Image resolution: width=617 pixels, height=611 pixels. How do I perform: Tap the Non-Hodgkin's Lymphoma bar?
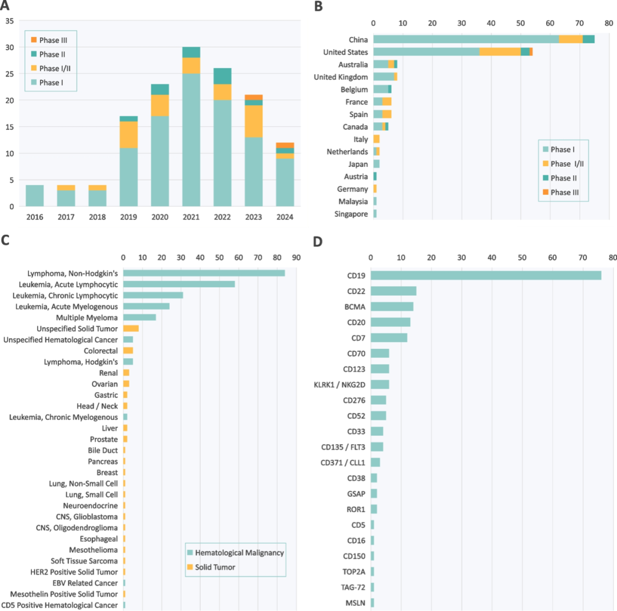[204, 273]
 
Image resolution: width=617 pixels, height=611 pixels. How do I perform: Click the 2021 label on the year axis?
[191, 217]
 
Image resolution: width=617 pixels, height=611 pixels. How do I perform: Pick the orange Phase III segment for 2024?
[285, 145]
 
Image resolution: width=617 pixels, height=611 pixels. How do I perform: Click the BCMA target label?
[355, 307]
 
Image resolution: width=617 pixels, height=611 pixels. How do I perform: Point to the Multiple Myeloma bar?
[139, 317]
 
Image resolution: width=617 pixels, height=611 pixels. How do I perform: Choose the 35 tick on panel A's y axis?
[10, 21]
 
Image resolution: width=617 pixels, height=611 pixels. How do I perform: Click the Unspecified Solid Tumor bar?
[131, 328]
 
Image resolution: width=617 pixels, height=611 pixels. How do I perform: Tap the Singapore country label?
[352, 214]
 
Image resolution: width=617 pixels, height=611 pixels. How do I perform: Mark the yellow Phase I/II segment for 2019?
[129, 134]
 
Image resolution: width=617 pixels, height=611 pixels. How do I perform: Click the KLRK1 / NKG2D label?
[339, 385]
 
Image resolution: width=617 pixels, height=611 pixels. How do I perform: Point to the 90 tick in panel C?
[296, 258]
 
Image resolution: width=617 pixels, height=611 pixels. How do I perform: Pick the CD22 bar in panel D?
[394, 291]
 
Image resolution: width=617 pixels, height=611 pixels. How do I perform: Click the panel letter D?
[318, 242]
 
